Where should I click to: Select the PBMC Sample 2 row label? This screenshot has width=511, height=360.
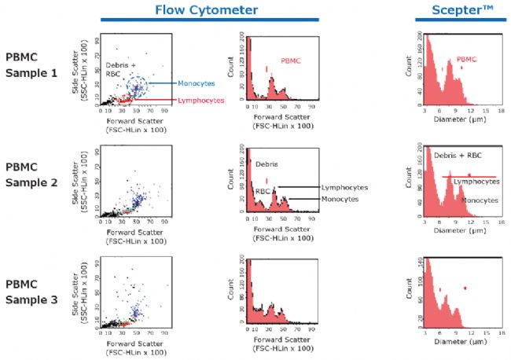pos(31,175)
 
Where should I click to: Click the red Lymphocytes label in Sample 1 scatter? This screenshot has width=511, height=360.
pos(200,100)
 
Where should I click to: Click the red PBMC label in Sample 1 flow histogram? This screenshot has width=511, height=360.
pos(292,60)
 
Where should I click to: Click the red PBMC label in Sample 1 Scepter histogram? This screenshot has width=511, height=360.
pos(466,59)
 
